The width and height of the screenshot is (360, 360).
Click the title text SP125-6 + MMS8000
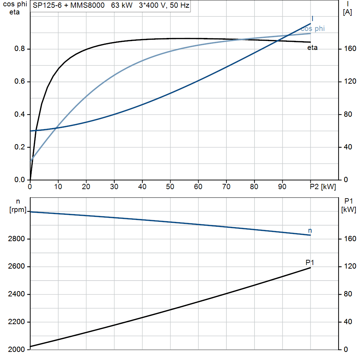(x=69, y=5)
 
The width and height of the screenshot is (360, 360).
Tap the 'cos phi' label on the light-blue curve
(x=313, y=29)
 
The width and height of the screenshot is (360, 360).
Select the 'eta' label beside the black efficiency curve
(x=313, y=47)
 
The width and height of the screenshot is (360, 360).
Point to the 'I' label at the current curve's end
(x=312, y=19)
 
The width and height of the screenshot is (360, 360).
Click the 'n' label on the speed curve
(x=310, y=231)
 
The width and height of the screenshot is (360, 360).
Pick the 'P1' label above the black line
(x=310, y=262)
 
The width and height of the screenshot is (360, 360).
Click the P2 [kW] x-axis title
(x=323, y=187)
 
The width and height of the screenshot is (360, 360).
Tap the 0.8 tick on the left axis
(x=20, y=49)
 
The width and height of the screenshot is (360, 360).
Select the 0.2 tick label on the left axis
(x=20, y=147)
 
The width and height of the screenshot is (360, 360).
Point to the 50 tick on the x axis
(x=170, y=187)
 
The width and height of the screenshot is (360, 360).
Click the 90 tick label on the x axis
(x=282, y=187)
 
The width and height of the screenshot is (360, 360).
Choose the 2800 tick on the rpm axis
(x=16, y=239)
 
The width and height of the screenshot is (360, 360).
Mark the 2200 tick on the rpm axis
(x=16, y=322)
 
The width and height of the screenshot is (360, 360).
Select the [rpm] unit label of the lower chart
(x=18, y=210)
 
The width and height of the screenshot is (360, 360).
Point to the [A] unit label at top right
(x=347, y=12)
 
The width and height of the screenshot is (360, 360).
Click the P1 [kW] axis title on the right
(x=349, y=205)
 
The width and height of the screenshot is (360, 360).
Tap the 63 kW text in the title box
(x=122, y=5)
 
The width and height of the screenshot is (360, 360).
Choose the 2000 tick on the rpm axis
(x=16, y=349)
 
